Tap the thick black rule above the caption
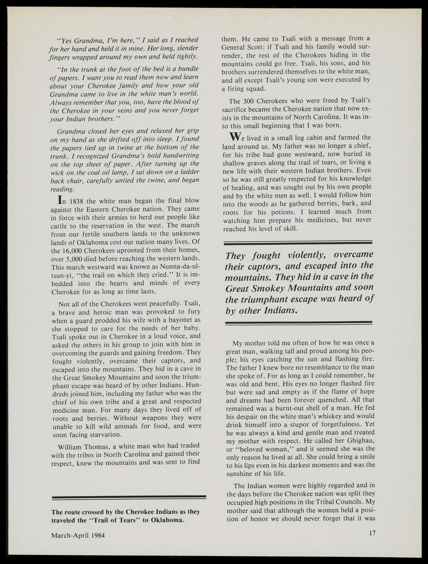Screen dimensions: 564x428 [129, 497]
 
